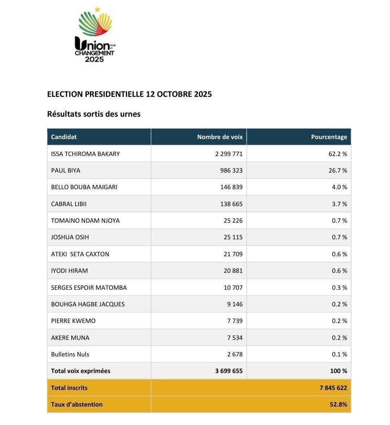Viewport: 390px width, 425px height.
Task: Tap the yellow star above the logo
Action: pyautogui.click(x=97, y=10)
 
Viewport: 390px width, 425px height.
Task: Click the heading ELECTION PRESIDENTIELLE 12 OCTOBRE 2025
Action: pyautogui.click(x=129, y=94)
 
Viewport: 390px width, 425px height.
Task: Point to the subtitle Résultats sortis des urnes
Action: pyautogui.click(x=94, y=114)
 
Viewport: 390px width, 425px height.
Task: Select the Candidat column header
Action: pyautogui.click(x=64, y=137)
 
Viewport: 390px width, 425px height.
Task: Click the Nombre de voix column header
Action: pyautogui.click(x=220, y=137)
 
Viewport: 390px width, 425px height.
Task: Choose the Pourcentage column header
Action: pyautogui.click(x=329, y=137)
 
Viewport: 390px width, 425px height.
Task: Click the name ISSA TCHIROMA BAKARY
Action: pyautogui.click(x=85, y=154)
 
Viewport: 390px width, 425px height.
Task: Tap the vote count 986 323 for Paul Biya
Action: pyautogui.click(x=231, y=171)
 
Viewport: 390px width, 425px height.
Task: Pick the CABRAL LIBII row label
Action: pyautogui.click(x=69, y=204)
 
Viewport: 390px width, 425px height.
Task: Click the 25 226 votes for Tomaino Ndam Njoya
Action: pyautogui.click(x=233, y=221)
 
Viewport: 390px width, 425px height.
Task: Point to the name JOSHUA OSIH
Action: pyautogui.click(x=70, y=237)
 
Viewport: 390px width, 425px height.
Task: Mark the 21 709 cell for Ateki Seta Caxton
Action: pyautogui.click(x=233, y=254)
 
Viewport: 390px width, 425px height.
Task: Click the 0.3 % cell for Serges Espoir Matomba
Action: pyautogui.click(x=339, y=288)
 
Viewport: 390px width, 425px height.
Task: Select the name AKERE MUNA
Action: pyautogui.click(x=70, y=338)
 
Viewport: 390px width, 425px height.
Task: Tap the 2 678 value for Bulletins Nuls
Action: pyautogui.click(x=235, y=354)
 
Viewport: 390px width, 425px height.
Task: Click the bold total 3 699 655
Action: pyautogui.click(x=229, y=371)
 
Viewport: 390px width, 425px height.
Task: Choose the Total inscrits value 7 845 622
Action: pyautogui.click(x=333, y=388)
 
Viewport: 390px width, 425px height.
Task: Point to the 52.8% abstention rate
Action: pyautogui.click(x=338, y=404)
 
